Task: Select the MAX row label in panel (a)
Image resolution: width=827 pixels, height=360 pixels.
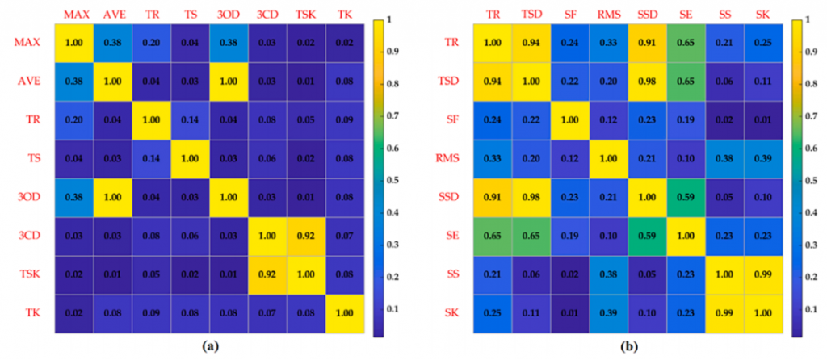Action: (x=27, y=42)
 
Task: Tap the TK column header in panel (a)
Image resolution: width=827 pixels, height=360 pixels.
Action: (x=343, y=15)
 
